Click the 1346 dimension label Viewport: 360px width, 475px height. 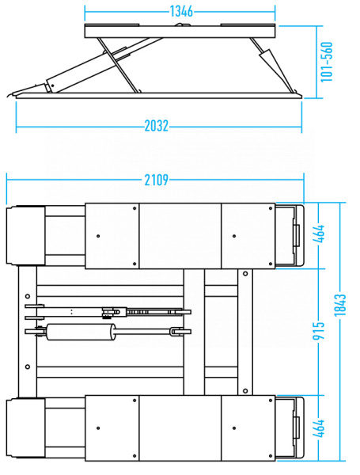(181, 11)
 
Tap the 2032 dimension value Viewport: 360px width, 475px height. (156, 126)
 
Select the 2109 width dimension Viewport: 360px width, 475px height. (156, 180)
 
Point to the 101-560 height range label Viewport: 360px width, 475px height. (327, 62)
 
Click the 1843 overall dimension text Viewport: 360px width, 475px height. (339, 305)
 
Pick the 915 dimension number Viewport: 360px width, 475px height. (319, 330)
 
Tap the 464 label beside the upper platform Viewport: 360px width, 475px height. (319, 234)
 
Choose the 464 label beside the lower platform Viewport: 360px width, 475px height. (319, 428)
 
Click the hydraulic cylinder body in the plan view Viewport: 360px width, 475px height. (81, 332)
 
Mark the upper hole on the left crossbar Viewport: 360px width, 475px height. (28, 296)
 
